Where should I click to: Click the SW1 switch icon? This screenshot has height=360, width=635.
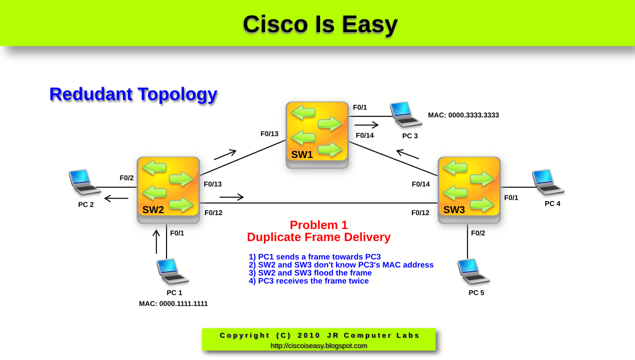(x=317, y=134)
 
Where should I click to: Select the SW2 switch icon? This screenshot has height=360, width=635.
(x=168, y=189)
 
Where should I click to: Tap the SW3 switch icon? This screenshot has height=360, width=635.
(x=469, y=189)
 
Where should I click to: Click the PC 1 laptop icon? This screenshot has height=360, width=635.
(x=172, y=272)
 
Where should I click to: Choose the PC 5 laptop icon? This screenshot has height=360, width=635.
(x=473, y=272)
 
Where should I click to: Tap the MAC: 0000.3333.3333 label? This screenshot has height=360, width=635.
(x=463, y=115)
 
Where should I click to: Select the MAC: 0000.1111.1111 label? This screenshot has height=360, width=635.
(x=173, y=304)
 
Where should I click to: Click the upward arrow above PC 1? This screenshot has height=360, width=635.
(x=156, y=242)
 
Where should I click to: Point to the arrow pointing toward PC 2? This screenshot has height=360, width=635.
(x=116, y=199)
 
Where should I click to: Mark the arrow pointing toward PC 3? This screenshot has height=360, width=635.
(x=367, y=125)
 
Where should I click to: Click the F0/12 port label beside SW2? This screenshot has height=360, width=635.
(x=213, y=213)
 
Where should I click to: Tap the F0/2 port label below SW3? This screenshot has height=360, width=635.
(x=478, y=233)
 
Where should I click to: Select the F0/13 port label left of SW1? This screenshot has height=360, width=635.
(x=269, y=134)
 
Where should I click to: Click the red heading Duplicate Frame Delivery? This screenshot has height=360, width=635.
(x=319, y=237)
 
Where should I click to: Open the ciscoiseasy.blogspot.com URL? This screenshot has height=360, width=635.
(x=319, y=346)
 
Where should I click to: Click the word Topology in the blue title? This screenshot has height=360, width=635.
(x=178, y=94)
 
